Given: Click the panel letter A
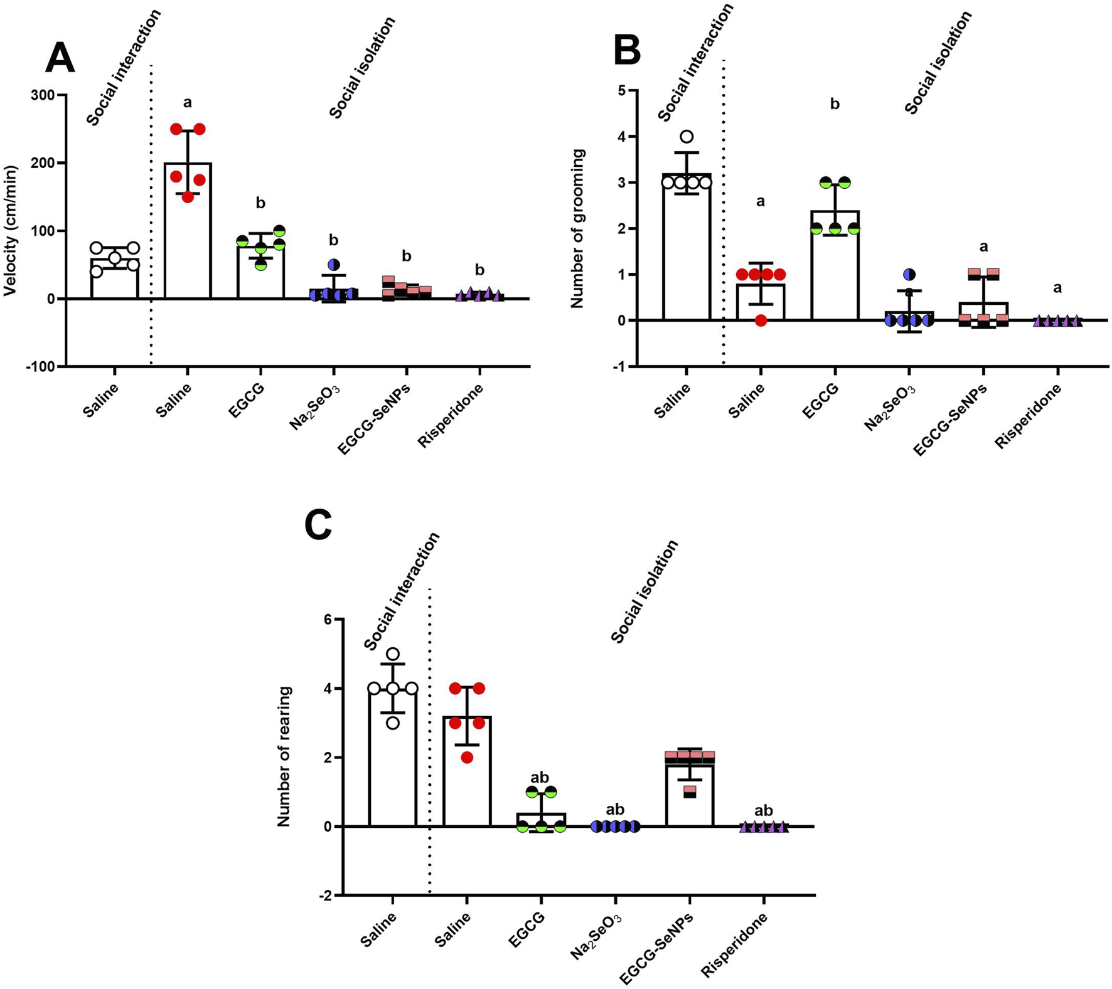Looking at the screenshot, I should [x=60, y=59].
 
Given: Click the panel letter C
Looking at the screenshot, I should [x=318, y=525].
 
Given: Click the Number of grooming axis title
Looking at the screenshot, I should [x=577, y=228].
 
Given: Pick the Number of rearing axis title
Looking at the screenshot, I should [x=284, y=757].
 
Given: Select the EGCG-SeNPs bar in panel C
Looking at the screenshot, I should [x=690, y=794].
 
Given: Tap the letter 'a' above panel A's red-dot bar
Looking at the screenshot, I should [x=188, y=102].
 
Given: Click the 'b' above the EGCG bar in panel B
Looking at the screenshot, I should [x=835, y=104].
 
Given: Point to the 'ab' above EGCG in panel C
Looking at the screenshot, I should [x=540, y=778].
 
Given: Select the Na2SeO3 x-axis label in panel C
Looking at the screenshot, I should [x=596, y=936].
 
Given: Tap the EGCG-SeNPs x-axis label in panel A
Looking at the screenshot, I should [x=374, y=418].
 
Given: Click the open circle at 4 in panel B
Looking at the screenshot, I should [x=687, y=137].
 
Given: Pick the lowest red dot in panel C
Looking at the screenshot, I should [x=467, y=758].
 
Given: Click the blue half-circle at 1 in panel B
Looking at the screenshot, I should [x=909, y=275].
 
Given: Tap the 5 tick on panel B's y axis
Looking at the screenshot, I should [x=622, y=90].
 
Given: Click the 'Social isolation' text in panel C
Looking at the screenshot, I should [x=645, y=591].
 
